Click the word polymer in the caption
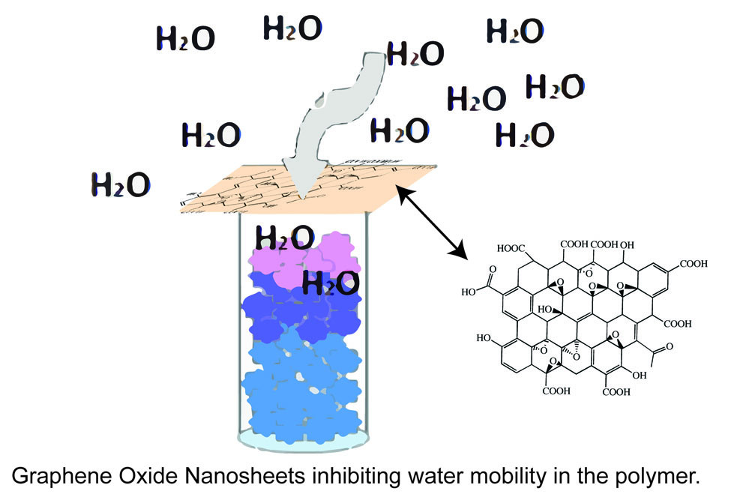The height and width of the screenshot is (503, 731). (658, 476)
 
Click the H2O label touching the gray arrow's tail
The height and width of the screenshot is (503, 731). (415, 53)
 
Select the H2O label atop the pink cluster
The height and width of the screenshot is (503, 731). (284, 237)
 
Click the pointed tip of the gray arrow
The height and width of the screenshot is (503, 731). (301, 197)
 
